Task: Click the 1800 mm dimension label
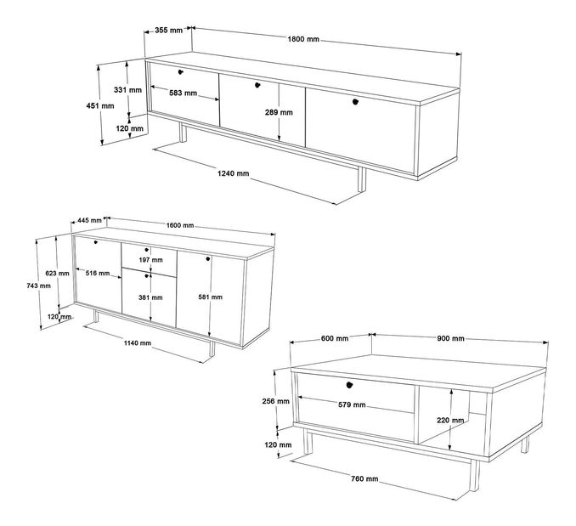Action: coord(303,39)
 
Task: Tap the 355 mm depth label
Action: coord(168,30)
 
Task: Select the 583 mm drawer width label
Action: coord(183,93)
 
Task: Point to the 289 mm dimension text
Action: coord(279,112)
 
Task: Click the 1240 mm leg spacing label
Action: coord(234,173)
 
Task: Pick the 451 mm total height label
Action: coord(100,105)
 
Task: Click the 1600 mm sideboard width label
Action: coord(180,225)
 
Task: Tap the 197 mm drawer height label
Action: coord(150,260)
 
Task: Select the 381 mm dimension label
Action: coord(150,297)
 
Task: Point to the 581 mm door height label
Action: coord(210,297)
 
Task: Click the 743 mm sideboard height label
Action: coord(38,286)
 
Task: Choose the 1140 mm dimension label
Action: coord(138,343)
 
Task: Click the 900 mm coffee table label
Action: coord(450,338)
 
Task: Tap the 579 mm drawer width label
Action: coord(352,404)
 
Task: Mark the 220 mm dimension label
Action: coord(450,421)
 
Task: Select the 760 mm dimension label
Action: coord(364,479)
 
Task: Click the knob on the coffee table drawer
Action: coord(349,385)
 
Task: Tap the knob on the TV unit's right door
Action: coord(355,102)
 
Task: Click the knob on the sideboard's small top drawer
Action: coord(147,250)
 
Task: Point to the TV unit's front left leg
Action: coord(182,133)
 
